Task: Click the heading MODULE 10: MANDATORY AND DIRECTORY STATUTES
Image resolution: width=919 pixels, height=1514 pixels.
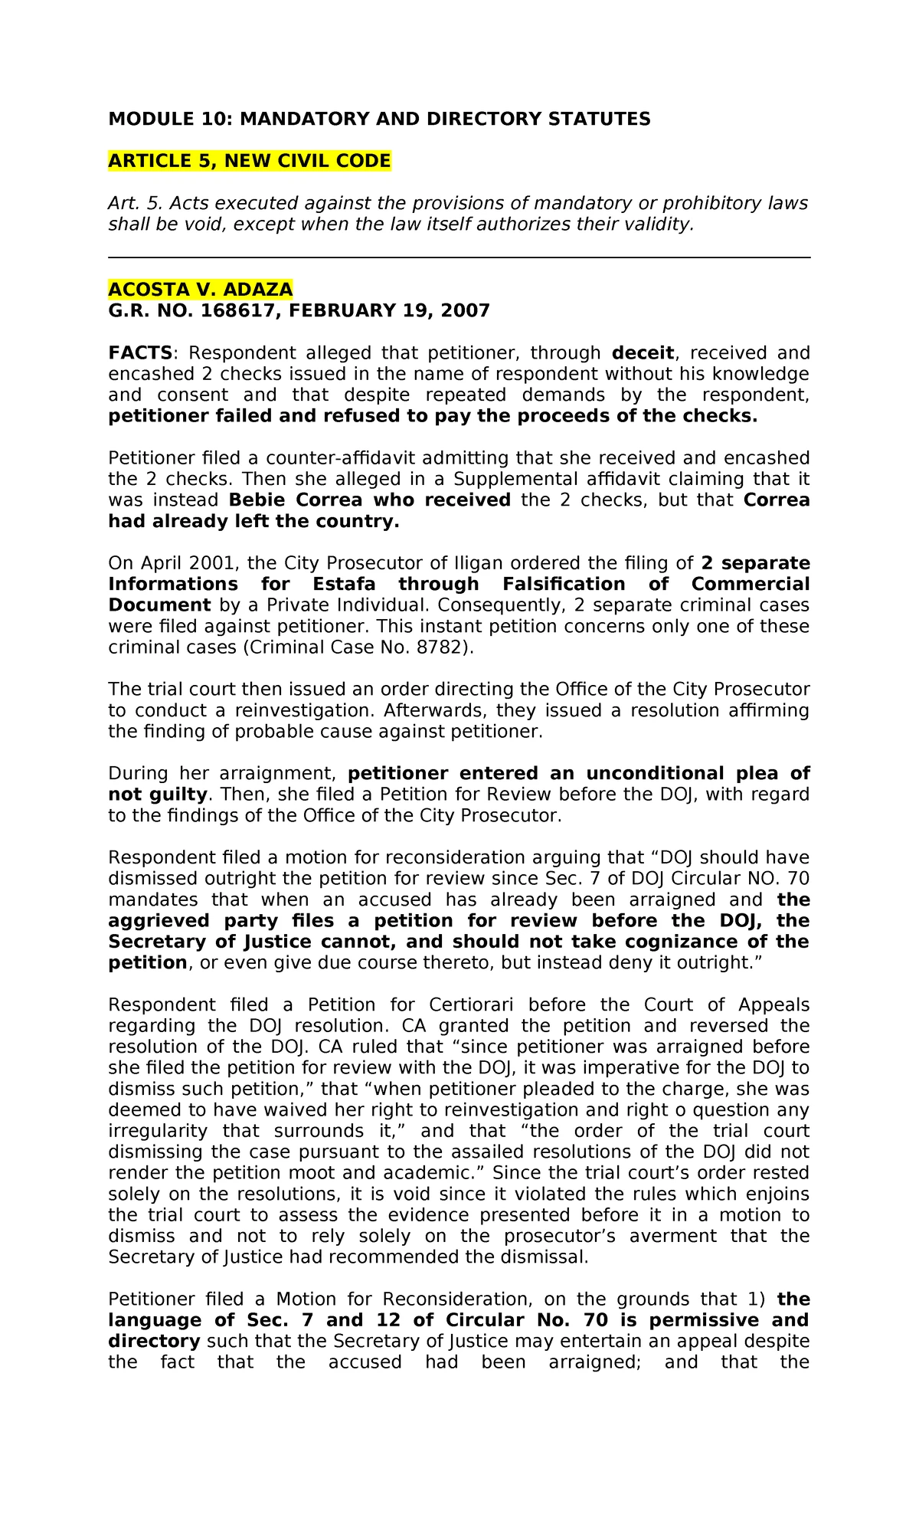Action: pyautogui.click(x=379, y=119)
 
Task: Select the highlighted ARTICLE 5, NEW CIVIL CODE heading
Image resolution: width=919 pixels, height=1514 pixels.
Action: pyautogui.click(x=250, y=161)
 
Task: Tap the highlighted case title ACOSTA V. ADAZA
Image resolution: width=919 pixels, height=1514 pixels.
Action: pyautogui.click(x=200, y=289)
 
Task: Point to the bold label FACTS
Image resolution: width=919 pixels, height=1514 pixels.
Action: pyautogui.click(x=140, y=352)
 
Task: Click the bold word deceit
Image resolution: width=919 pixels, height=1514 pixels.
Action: pyautogui.click(x=643, y=352)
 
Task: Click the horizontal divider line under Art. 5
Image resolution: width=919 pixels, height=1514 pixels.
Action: pyautogui.click(x=459, y=258)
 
